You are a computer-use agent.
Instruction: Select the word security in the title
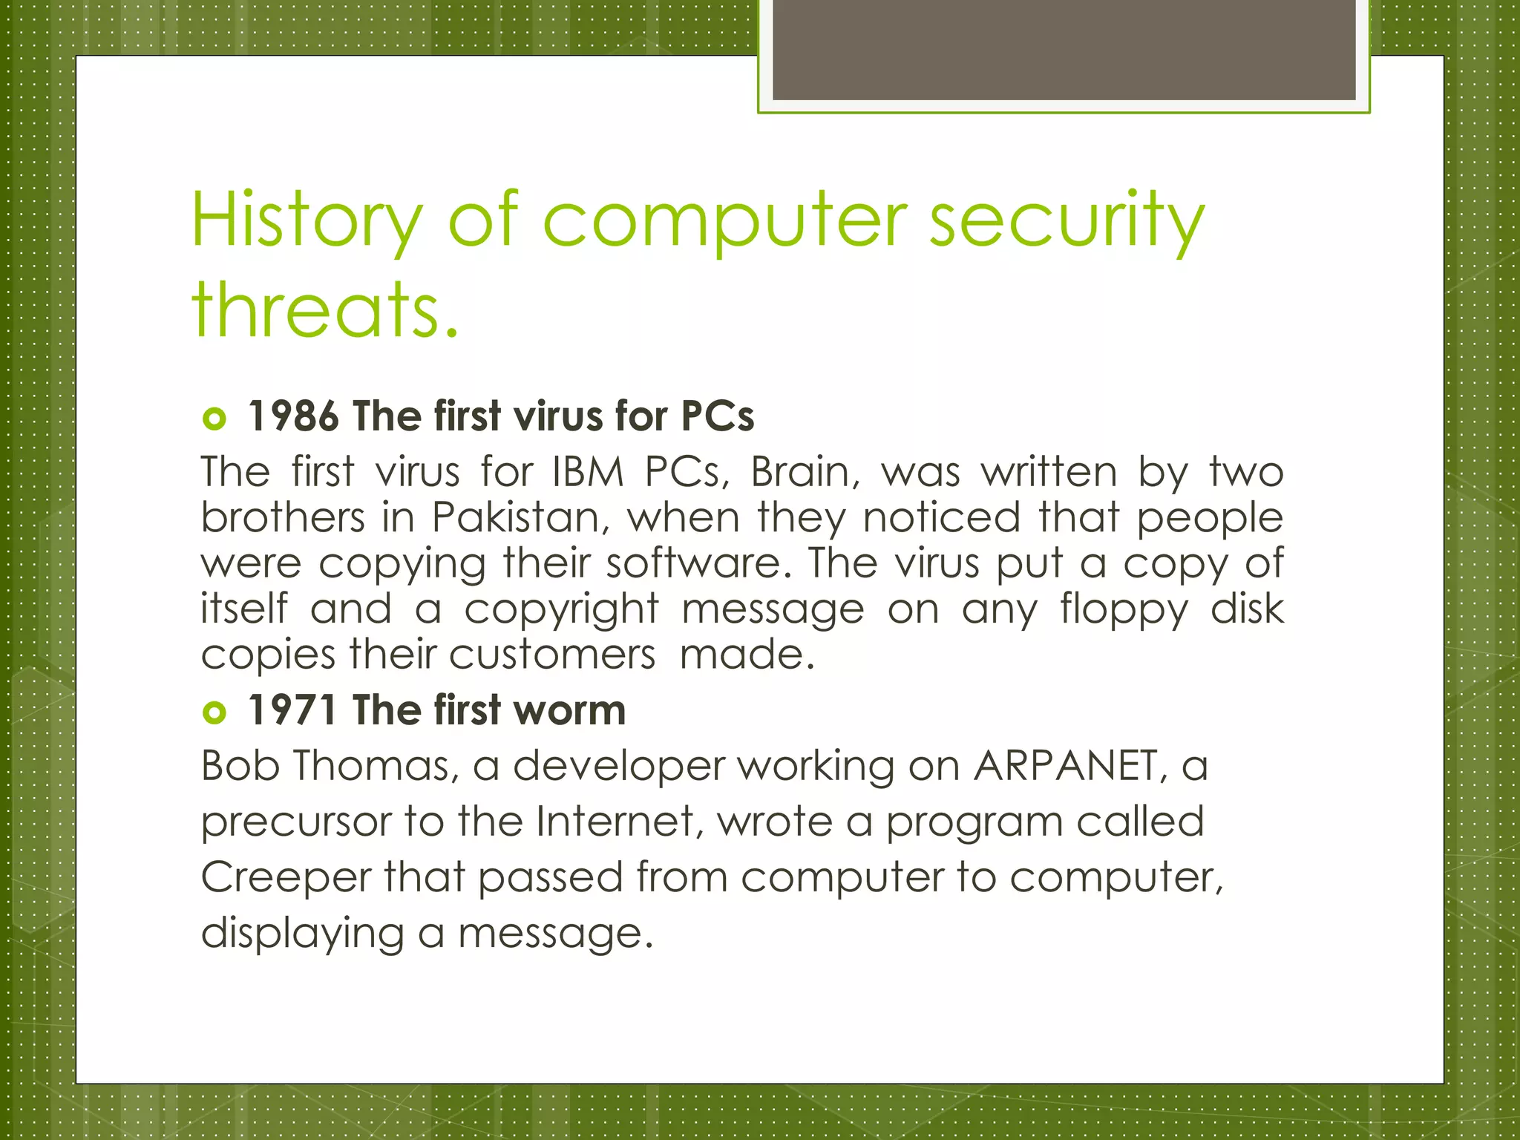point(1067,220)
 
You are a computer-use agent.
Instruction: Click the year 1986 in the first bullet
point(293,416)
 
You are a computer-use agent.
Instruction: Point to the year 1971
point(292,710)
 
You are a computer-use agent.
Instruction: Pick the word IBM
point(587,472)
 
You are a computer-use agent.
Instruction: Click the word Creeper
point(285,877)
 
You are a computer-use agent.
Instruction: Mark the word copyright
point(561,610)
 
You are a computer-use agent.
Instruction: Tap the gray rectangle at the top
point(1064,49)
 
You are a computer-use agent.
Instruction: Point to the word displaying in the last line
point(302,933)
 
